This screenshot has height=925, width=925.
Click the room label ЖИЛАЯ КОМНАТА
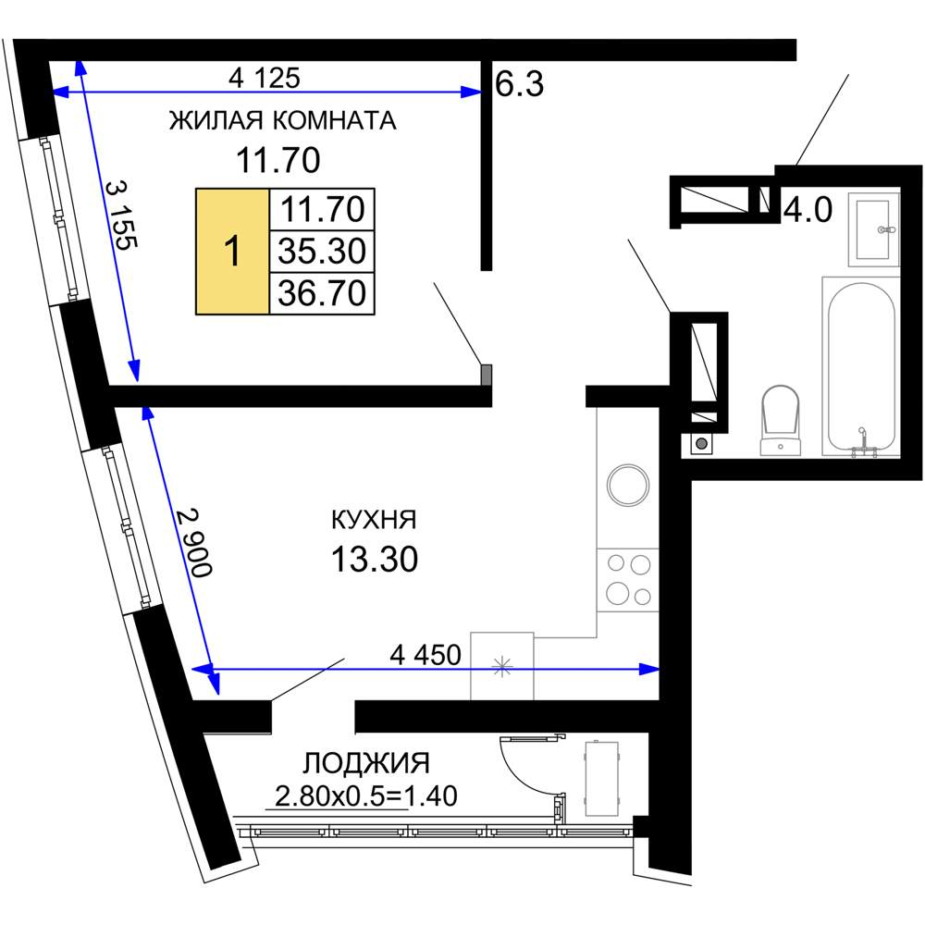pos(282,120)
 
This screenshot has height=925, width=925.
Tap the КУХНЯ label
pos(374,520)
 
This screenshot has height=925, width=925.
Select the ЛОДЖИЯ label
pos(366,763)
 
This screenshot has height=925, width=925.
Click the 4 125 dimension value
pos(265,78)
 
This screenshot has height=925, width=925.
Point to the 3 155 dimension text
pos(121,215)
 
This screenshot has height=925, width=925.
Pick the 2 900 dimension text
pos(194,542)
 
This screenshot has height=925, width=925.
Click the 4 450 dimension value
pos(425,655)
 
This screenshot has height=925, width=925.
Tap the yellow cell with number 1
pos(232,252)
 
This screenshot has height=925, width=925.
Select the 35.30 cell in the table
pos(322,252)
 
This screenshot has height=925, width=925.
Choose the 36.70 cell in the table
pos(322,293)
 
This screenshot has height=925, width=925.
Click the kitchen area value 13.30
pos(375,559)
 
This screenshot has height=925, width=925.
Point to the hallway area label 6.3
pos(519,84)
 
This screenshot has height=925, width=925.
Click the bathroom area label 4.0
pos(808,209)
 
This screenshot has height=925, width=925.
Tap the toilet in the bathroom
pos(780,420)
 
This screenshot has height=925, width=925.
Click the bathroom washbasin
pos(874,229)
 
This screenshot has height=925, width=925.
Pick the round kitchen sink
pos(628,485)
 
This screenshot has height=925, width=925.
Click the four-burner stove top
pos(628,580)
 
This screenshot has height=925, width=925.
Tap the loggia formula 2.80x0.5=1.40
pos(365,796)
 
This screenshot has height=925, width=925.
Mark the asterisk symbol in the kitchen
pos(502,667)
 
